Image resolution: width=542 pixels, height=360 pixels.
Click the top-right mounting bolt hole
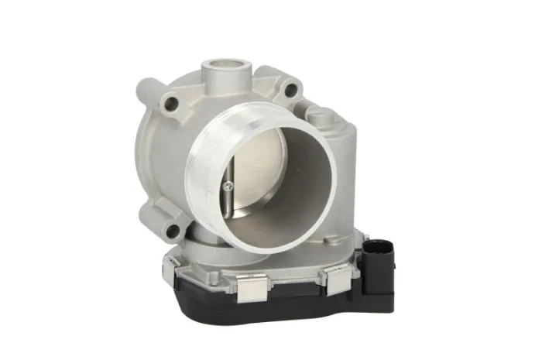290,91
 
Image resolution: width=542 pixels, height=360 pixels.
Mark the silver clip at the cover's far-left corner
177,263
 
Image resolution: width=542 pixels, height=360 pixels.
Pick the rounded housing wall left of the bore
159,163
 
